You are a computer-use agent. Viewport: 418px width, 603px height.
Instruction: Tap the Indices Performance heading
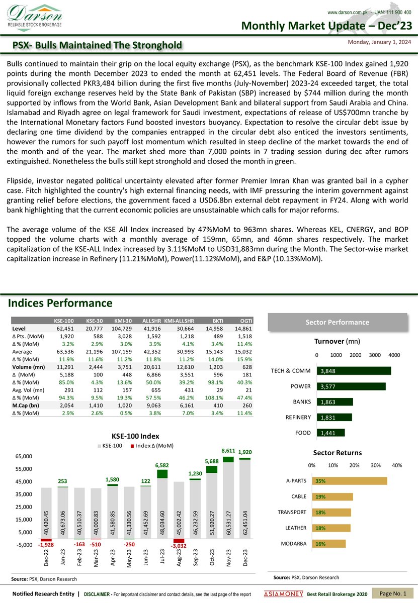[x=60, y=303]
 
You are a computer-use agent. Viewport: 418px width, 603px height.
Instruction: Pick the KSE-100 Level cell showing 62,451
[x=64, y=328]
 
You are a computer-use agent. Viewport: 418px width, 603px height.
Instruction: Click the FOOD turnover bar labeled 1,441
[x=330, y=433]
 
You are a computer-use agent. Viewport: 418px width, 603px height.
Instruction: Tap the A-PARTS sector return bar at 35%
[x=350, y=481]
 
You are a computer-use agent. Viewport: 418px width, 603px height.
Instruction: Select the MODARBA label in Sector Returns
[x=294, y=544]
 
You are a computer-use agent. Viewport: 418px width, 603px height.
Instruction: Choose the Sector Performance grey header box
[x=338, y=322]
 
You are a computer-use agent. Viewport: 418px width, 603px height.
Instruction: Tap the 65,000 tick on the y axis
[x=24, y=456]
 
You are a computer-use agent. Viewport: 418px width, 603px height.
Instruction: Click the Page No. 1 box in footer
[x=393, y=594]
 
